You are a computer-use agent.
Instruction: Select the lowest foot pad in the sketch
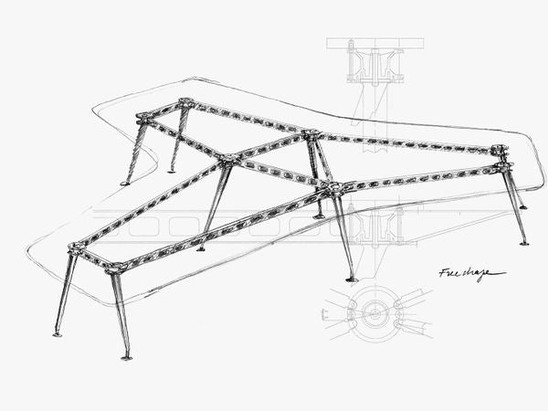coord(127,356)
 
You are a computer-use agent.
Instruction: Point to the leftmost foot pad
coord(58,334)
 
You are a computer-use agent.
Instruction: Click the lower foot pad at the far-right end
coord(524,243)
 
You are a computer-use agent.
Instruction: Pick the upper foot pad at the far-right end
coord(523,206)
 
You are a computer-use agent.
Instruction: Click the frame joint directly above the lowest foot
coord(116,269)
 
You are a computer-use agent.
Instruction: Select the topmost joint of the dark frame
coord(186,102)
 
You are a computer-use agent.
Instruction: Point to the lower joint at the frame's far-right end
coord(501,169)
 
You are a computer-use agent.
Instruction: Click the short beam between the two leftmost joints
coord(95,258)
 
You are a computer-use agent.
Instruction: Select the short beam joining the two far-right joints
coord(500,159)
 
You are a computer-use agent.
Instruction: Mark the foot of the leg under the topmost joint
coord(174,169)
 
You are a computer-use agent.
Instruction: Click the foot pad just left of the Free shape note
coord(351,279)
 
